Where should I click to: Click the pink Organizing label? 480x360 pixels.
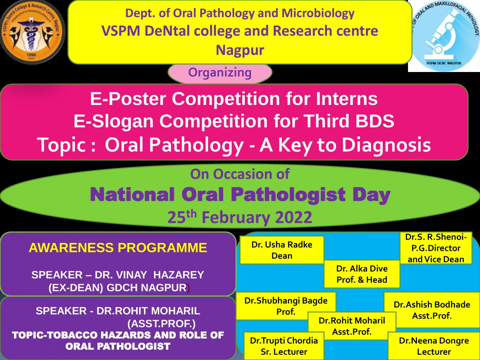[220, 73]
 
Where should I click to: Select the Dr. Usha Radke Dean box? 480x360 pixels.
[282, 250]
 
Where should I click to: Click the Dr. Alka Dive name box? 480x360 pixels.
[362, 274]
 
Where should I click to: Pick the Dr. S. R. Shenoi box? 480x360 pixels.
[436, 248]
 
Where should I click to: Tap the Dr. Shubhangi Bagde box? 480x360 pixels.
[286, 306]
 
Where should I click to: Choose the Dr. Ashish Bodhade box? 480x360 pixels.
[432, 310]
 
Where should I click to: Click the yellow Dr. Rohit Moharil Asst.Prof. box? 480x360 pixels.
[352, 326]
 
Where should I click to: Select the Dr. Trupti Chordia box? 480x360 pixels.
[284, 346]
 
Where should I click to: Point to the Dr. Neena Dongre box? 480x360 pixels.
[434, 346]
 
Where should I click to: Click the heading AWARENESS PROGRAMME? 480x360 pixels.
[118, 248]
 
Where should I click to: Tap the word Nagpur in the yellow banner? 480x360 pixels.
[240, 50]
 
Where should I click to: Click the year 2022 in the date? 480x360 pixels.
[293, 218]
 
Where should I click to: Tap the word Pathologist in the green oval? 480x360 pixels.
[288, 195]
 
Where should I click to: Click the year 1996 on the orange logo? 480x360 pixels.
[31, 55]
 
